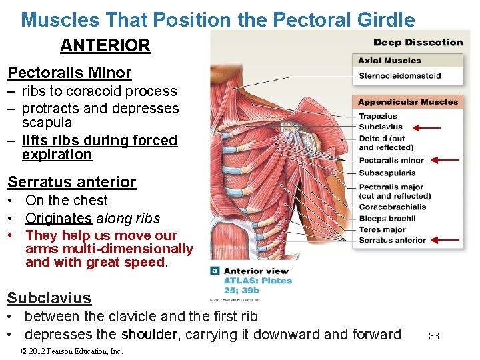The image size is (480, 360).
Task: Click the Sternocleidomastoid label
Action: [x=399, y=76]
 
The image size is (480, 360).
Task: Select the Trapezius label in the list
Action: [x=377, y=117]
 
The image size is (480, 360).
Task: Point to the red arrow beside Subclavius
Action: [x=426, y=127]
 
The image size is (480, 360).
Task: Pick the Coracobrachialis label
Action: [x=392, y=207]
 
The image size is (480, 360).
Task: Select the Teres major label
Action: [x=382, y=229]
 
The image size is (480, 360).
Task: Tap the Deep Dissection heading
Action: [x=417, y=43]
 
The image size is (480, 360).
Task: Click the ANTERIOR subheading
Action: [x=105, y=46]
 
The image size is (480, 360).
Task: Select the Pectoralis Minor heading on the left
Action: [x=69, y=73]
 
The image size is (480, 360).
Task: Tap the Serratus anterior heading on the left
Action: [x=71, y=182]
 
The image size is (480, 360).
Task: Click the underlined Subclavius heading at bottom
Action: [x=49, y=298]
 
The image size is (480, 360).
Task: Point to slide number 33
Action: [x=433, y=336]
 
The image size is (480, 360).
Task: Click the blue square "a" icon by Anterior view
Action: [x=215, y=271]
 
